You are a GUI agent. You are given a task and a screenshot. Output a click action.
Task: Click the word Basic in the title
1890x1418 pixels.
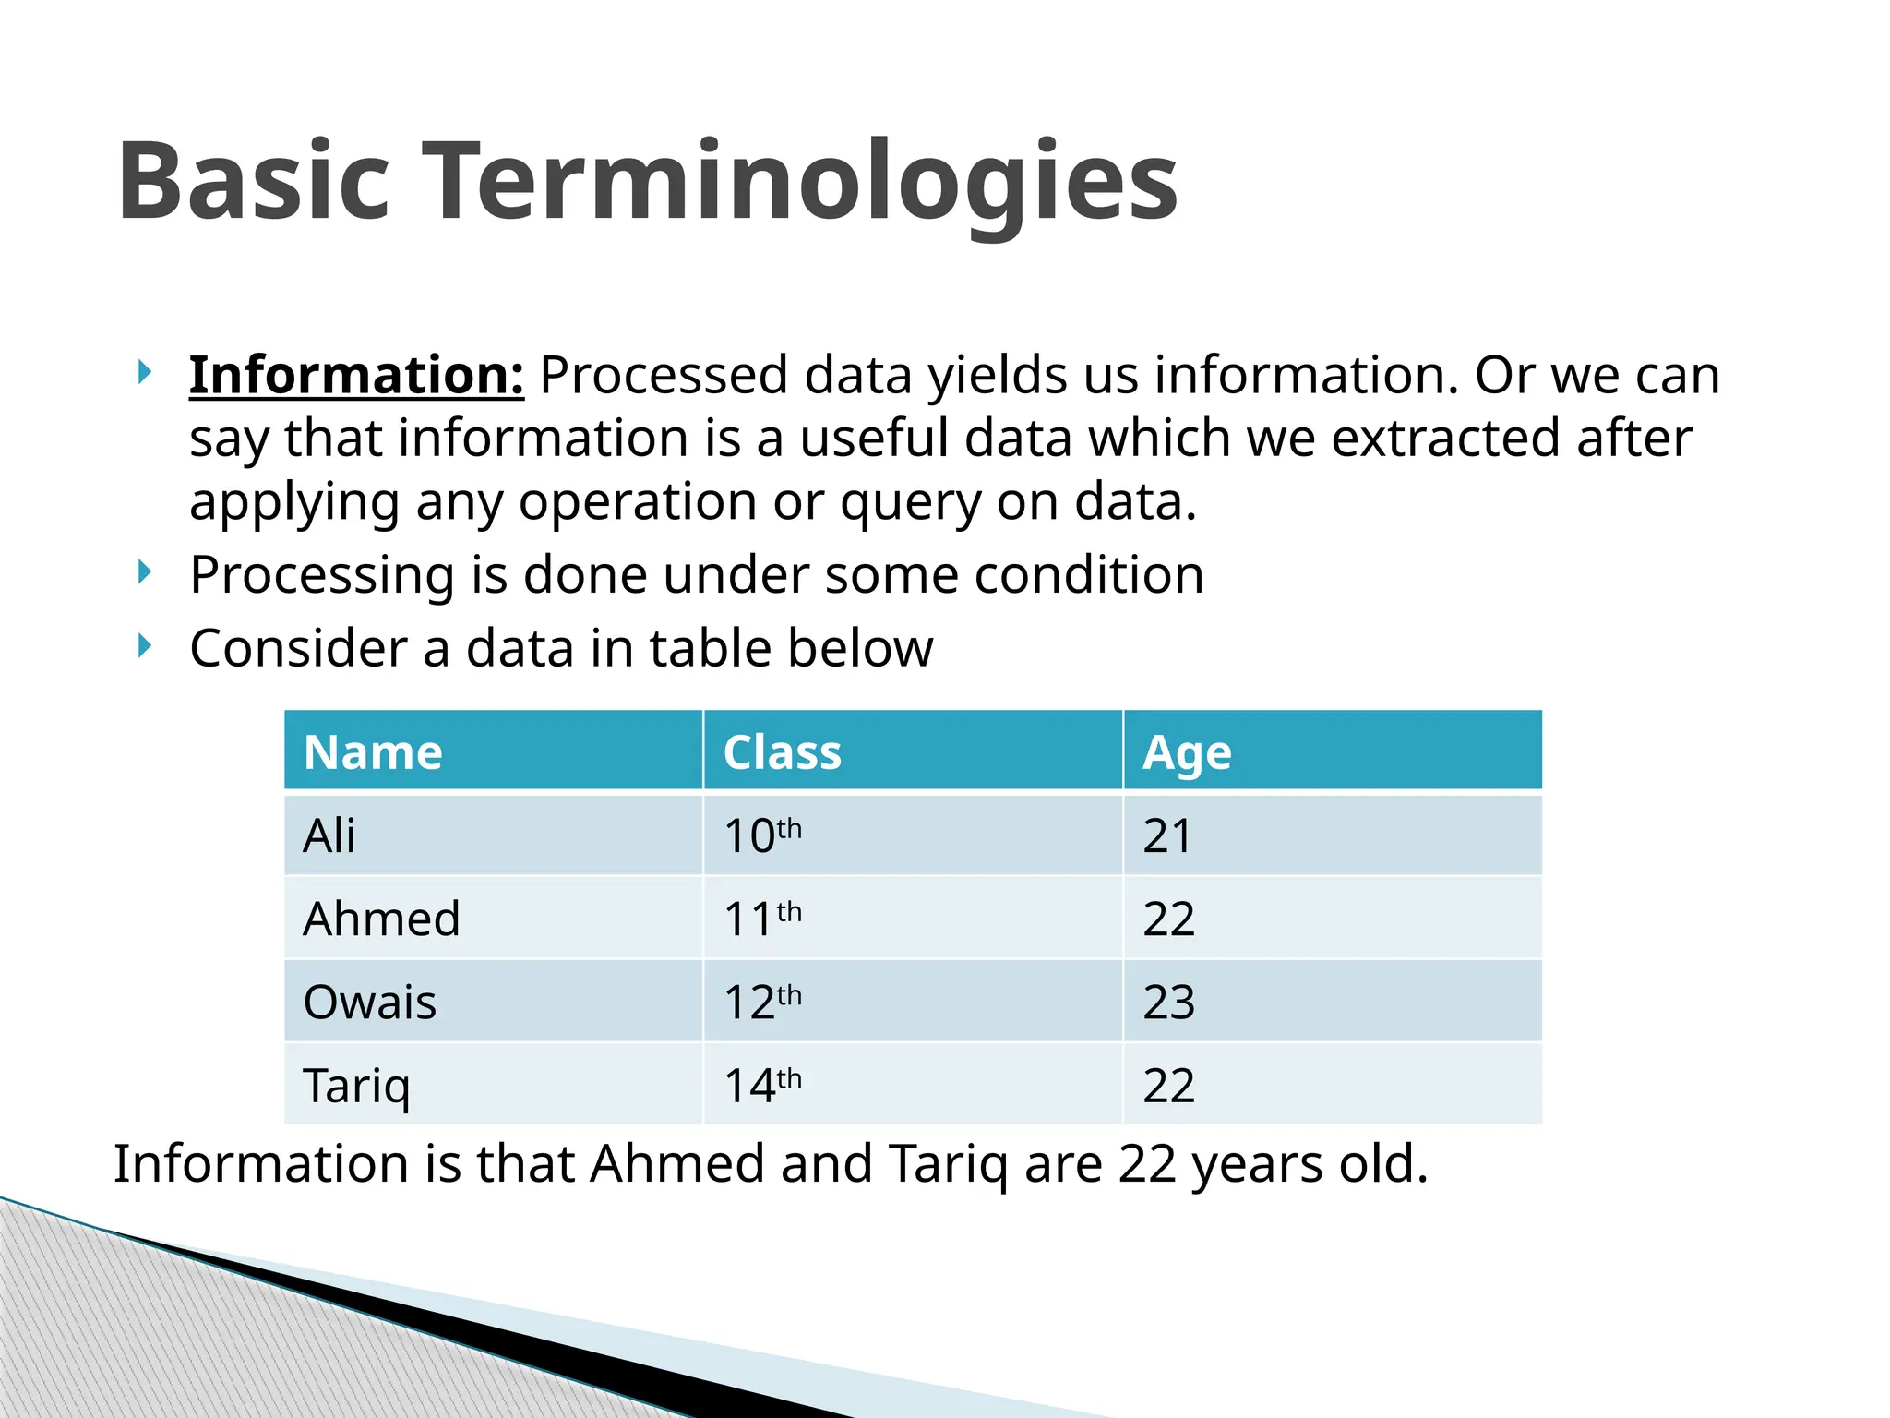pyautogui.click(x=254, y=181)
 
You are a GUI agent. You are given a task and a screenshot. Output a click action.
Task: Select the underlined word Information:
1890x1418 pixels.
pyautogui.click(x=356, y=376)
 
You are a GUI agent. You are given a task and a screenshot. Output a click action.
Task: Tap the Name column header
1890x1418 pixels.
pyautogui.click(x=373, y=752)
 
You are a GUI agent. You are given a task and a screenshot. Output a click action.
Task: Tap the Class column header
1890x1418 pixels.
pyautogui.click(x=782, y=752)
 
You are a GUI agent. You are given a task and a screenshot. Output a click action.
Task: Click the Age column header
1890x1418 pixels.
pyautogui.click(x=1186, y=752)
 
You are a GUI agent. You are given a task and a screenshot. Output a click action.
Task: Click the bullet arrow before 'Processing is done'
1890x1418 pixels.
pyautogui.click(x=144, y=572)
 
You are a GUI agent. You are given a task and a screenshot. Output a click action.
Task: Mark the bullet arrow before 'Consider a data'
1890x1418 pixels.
pyautogui.click(x=144, y=645)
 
